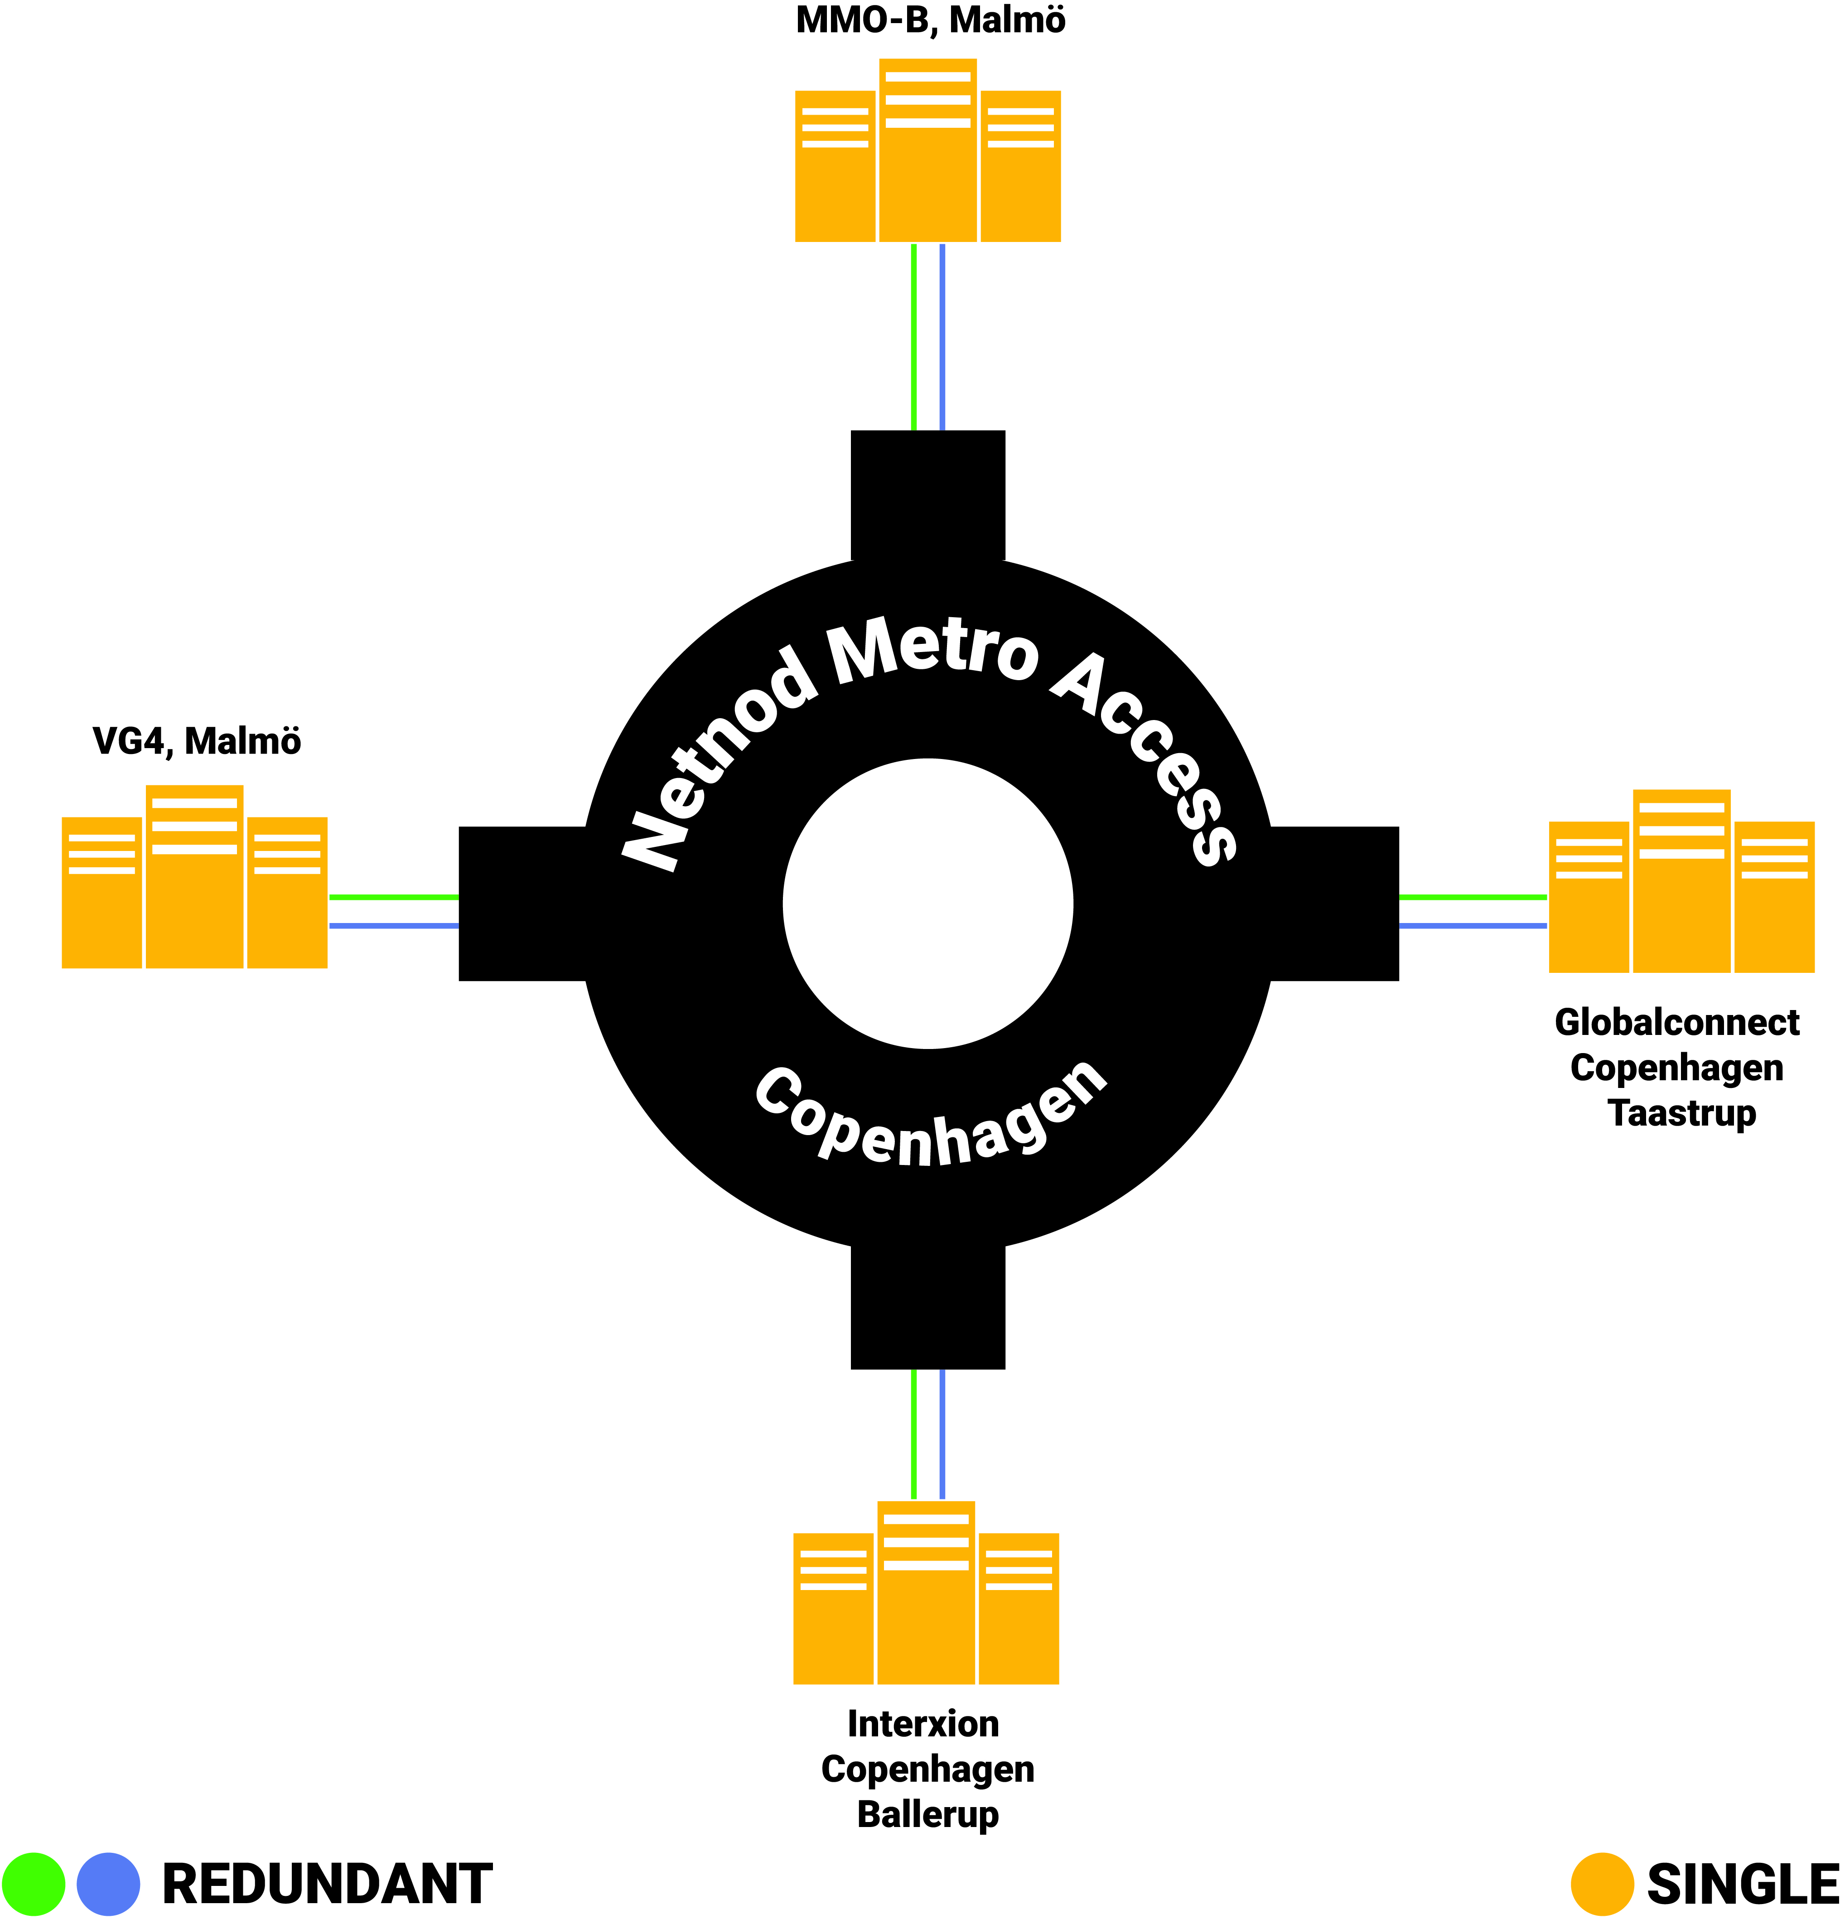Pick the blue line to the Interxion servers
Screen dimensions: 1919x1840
[x=942, y=1434]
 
